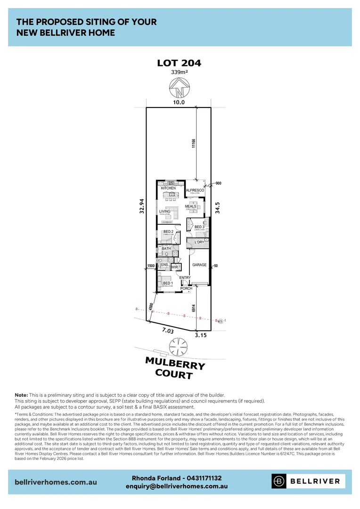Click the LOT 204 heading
180,63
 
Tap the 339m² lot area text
180,73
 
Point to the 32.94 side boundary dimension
141,206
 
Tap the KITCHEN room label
168,189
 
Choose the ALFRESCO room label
195,190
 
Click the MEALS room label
190,206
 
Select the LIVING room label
164,212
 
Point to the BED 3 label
199,227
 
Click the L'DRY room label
199,243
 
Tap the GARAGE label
199,265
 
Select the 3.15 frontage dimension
201,336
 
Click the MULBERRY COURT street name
175,368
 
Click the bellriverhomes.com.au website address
56,482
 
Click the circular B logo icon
279,481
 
